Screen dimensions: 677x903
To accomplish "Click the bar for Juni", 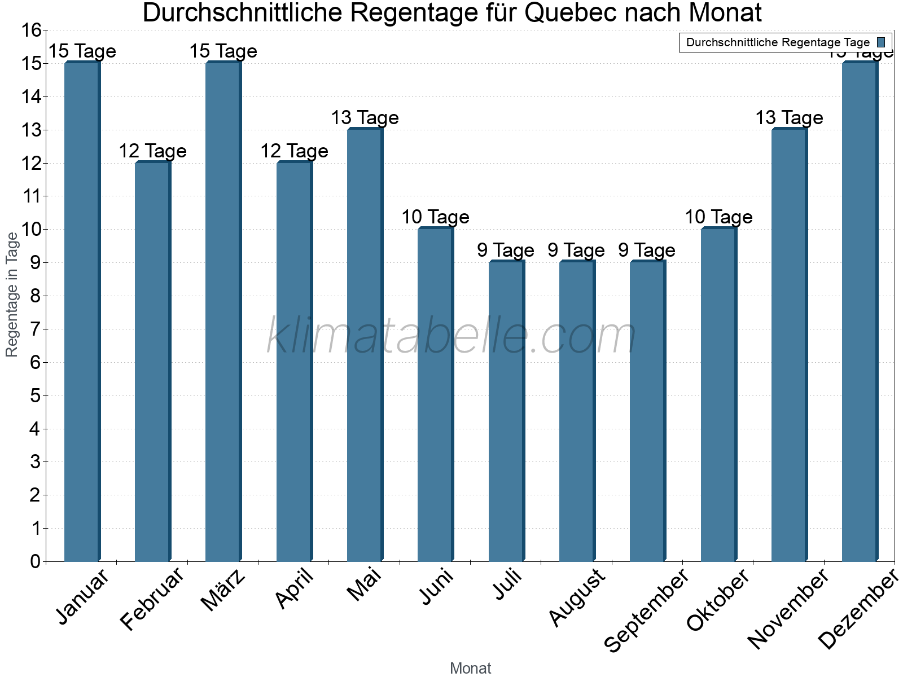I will tap(436, 395).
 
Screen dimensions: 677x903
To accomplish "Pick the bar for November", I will tap(789, 345).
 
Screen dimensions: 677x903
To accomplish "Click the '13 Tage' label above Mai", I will tap(365, 118).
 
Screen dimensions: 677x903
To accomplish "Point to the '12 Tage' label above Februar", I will tap(152, 151).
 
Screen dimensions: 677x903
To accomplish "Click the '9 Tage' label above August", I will tap(576, 250).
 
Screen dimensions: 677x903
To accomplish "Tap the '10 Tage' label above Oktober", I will tap(718, 217).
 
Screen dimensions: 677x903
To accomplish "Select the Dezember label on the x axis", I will tap(857, 609).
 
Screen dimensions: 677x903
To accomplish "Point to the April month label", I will tap(294, 589).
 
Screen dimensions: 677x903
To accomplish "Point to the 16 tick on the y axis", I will tap(31, 30).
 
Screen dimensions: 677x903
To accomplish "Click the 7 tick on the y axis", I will tap(36, 329).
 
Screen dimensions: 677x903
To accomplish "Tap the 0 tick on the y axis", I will tap(36, 562).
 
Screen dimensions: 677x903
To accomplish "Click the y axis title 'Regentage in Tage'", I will tap(12, 294).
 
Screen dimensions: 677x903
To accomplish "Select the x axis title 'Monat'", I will tap(470, 669).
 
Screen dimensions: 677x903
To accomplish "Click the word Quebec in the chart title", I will tap(569, 13).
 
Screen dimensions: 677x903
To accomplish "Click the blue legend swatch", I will tap(881, 42).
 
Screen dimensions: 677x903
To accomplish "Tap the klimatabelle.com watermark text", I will tap(451, 336).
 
